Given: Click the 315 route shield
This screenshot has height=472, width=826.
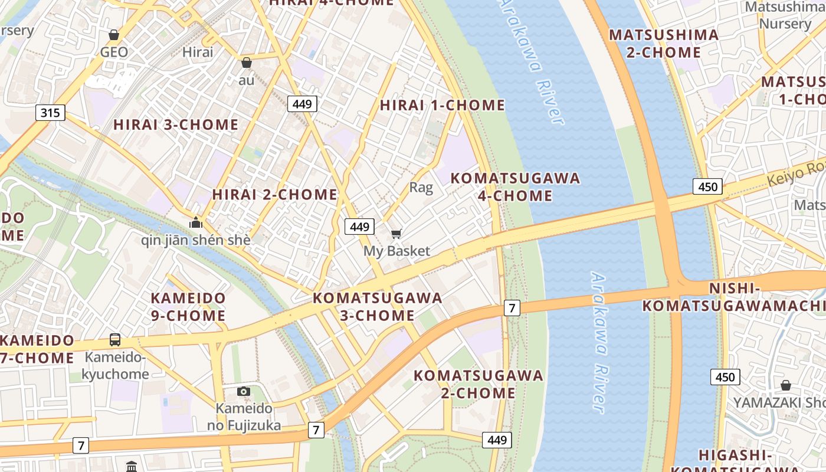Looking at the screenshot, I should pyautogui.click(x=50, y=112).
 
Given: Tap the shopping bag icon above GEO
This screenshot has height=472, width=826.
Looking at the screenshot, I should pyautogui.click(x=114, y=35).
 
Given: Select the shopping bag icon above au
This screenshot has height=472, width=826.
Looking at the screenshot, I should pyautogui.click(x=247, y=62).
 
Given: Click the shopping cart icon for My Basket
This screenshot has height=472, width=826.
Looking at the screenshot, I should pyautogui.click(x=396, y=234).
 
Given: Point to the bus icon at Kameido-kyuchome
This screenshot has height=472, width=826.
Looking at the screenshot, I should pyautogui.click(x=115, y=340).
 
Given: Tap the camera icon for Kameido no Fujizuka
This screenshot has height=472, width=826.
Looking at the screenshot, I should pyautogui.click(x=243, y=391).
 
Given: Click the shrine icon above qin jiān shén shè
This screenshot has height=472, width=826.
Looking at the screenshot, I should pyautogui.click(x=196, y=223).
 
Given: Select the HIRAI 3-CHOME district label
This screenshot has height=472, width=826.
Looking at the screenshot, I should pyautogui.click(x=176, y=124).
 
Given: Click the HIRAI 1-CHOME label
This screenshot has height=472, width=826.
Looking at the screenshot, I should pyautogui.click(x=442, y=105).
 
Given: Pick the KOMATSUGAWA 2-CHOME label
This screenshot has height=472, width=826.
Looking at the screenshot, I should pyautogui.click(x=478, y=383).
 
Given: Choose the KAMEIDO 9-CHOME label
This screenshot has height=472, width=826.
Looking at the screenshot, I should pyautogui.click(x=188, y=307).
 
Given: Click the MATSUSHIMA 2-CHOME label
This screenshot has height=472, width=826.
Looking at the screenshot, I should pyautogui.click(x=664, y=44).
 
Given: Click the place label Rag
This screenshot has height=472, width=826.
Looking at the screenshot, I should pyautogui.click(x=421, y=188).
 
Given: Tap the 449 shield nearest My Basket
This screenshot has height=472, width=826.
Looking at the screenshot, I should pyautogui.click(x=359, y=227).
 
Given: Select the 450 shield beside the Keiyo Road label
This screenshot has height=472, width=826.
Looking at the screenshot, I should pyautogui.click(x=707, y=187).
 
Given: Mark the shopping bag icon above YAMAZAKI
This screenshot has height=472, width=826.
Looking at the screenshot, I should pyautogui.click(x=786, y=385).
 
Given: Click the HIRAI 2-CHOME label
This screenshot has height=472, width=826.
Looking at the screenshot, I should pyautogui.click(x=274, y=194).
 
